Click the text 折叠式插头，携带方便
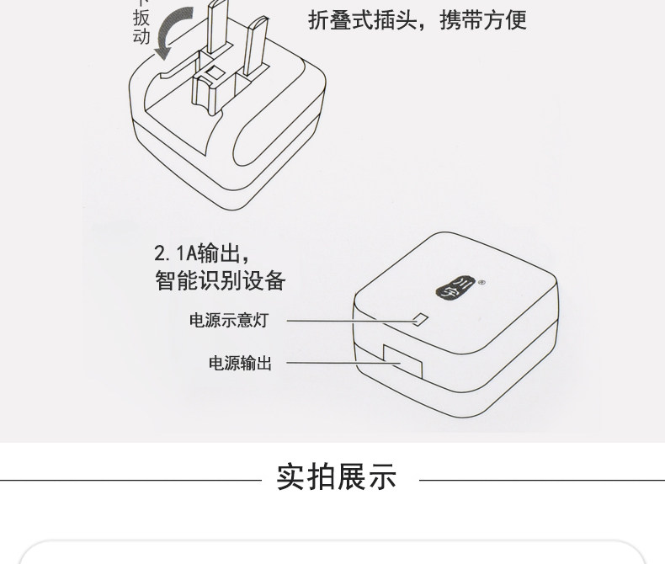click(417, 19)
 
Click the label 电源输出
click(240, 364)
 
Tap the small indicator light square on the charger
click(422, 320)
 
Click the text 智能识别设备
click(220, 280)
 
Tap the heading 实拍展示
click(337, 477)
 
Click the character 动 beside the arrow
click(141, 36)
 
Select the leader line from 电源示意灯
click(349, 321)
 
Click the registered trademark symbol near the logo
click(481, 284)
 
